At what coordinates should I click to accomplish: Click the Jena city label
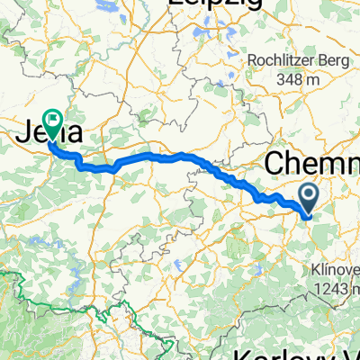point(51,133)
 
